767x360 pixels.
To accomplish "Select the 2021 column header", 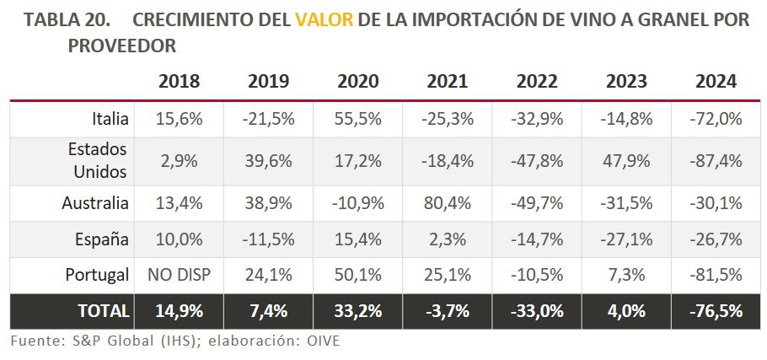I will coord(448,82).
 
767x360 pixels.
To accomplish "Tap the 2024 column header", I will coord(716,82).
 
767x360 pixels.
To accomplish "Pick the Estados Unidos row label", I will coord(98,160).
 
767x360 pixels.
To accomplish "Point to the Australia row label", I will coord(95,202).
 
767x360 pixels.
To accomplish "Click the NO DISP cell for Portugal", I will coord(179,275).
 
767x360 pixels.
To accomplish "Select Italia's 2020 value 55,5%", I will coord(358,119).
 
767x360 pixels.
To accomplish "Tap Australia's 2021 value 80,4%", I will coord(448,202).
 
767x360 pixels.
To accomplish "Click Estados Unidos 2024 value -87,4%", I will coord(716,160).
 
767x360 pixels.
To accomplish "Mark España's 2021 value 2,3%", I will coord(448,239).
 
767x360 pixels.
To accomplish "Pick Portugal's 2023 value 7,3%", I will coord(626,275).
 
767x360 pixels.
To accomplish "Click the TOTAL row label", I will coord(104,310).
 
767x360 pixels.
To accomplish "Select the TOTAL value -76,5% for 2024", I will coord(716,310).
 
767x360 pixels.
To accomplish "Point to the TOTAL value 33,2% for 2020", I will coord(358,310).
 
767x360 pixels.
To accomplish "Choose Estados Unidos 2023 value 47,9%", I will coord(626,160).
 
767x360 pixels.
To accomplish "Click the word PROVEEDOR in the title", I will coord(121,45).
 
